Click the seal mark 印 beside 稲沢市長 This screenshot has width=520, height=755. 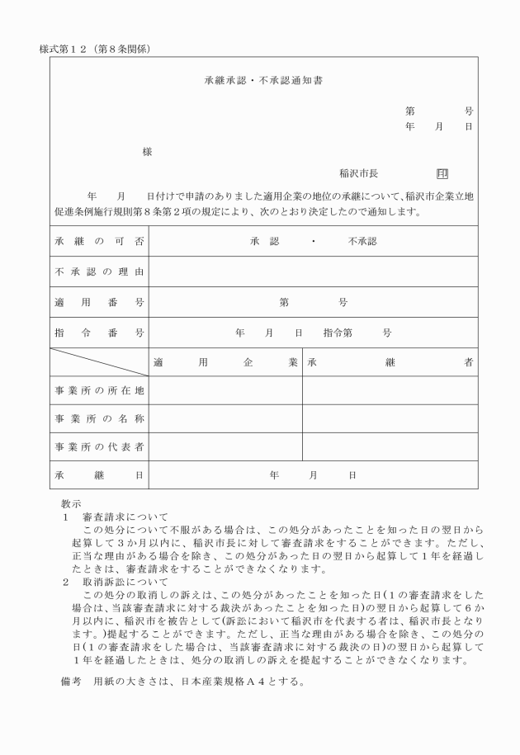(x=442, y=174)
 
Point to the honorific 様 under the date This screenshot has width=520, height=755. (x=147, y=152)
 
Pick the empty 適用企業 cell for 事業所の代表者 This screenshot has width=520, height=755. (x=225, y=447)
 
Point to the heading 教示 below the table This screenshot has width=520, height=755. (x=71, y=503)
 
